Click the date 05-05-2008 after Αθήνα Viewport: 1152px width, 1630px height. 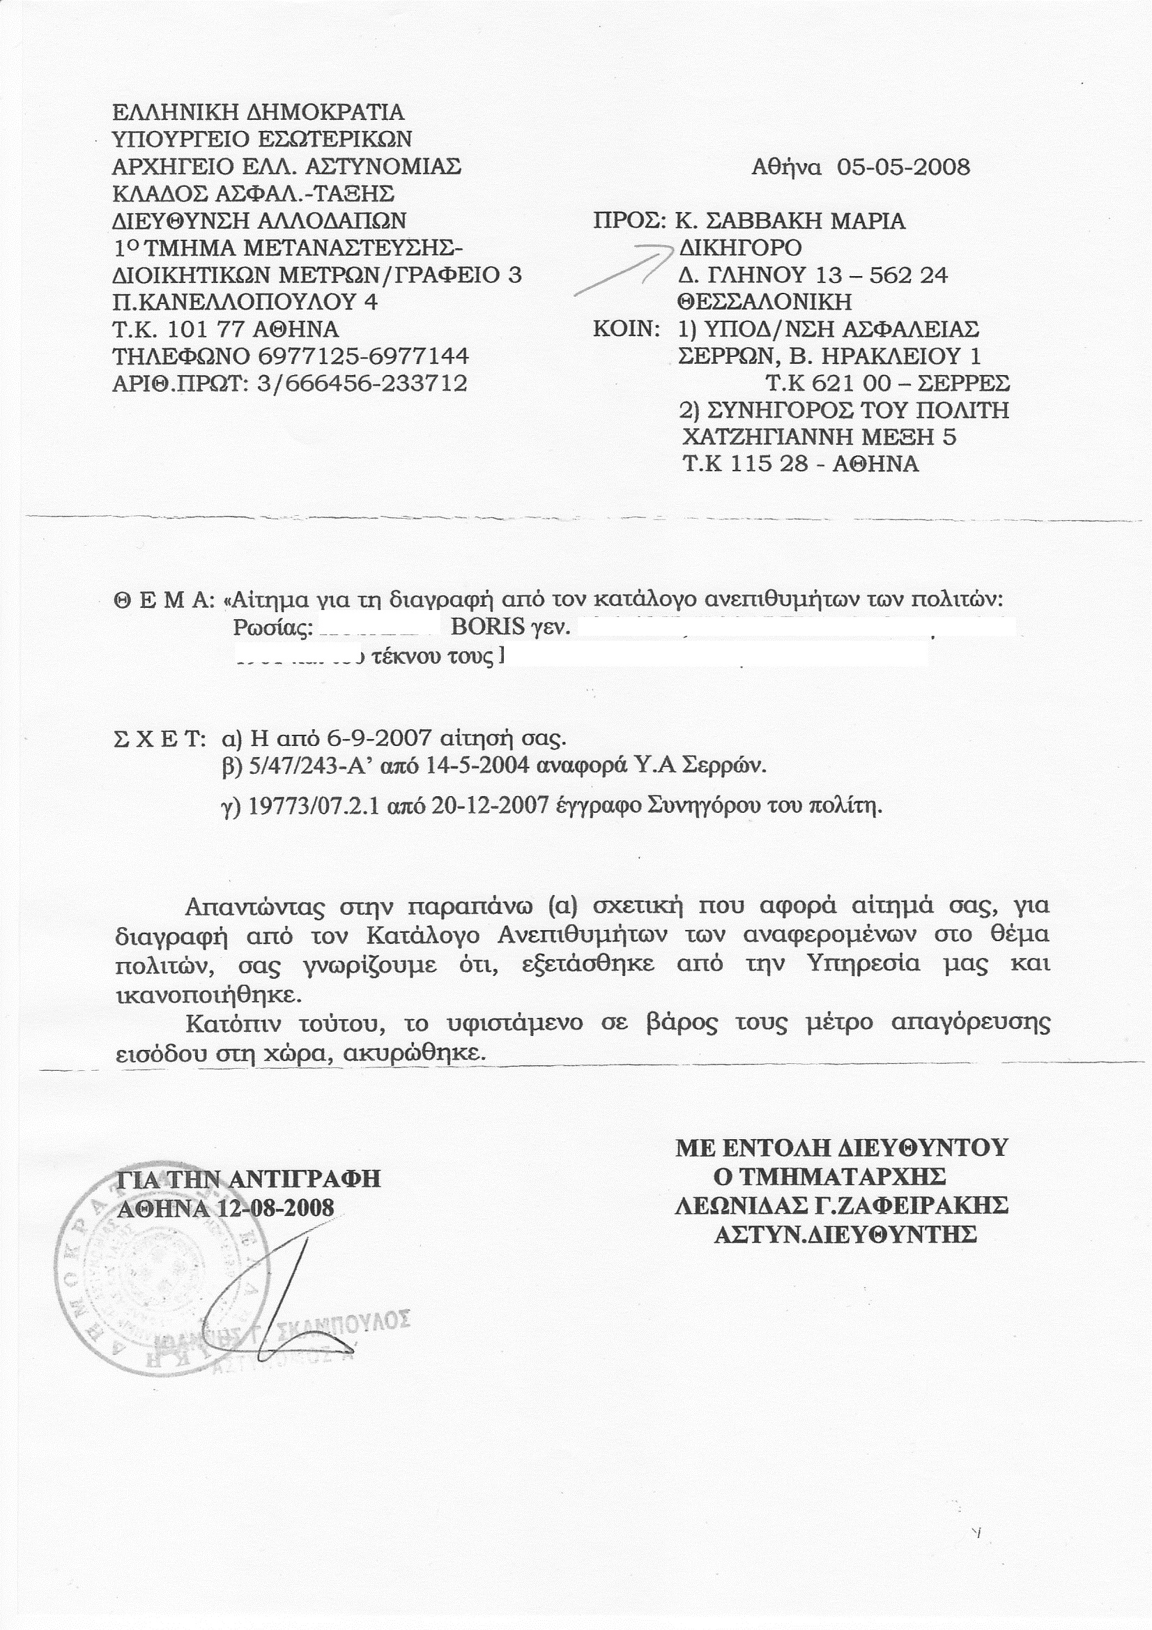coord(903,167)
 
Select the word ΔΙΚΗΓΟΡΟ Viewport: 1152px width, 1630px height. coord(740,247)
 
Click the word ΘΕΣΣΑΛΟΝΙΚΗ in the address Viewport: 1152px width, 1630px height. coord(765,302)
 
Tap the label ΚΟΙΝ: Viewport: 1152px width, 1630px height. coord(627,329)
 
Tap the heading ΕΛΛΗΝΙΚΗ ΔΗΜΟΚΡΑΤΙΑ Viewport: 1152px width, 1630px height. coord(259,112)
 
